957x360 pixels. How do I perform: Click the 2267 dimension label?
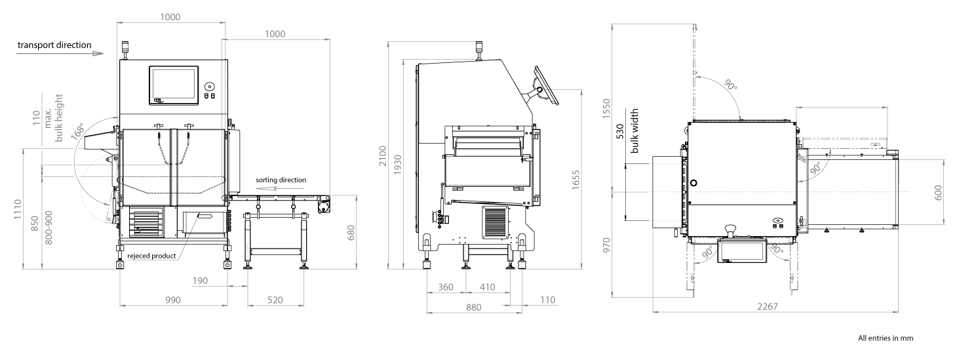[x=767, y=306]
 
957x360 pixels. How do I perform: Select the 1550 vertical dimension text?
[x=606, y=108]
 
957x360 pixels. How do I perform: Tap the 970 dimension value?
[x=606, y=245]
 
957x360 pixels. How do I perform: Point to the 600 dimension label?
[x=939, y=192]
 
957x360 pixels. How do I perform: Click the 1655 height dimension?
[x=576, y=180]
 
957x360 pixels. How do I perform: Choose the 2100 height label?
[x=383, y=155]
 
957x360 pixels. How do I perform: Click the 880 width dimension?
[x=473, y=307]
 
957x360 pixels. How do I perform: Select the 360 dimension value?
[x=446, y=287]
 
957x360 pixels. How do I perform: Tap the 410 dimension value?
[x=487, y=287]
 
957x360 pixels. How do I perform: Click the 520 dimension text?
[x=275, y=300]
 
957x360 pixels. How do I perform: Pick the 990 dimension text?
[x=172, y=300]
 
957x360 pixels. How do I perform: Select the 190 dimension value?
[x=201, y=281]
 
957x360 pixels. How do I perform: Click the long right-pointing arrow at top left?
[x=60, y=54]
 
